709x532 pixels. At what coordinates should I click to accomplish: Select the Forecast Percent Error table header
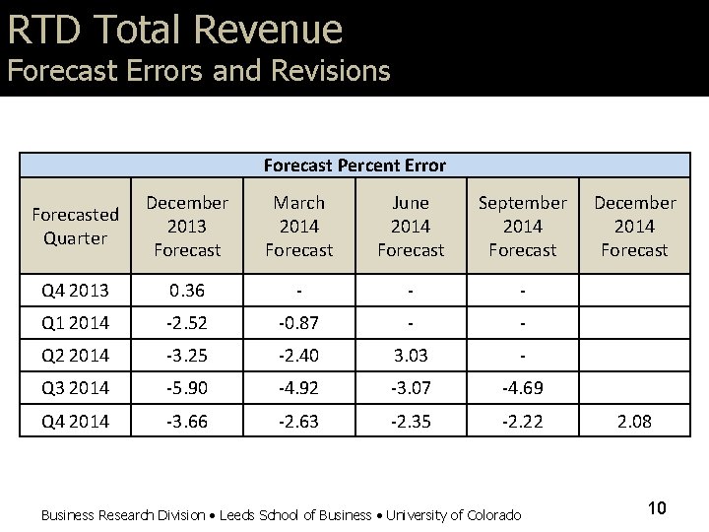354,166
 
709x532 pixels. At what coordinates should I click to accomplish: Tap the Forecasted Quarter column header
75,226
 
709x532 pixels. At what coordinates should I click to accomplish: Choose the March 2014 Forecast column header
298,226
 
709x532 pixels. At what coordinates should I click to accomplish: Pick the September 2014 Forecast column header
522,226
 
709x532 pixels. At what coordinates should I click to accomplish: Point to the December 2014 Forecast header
634,226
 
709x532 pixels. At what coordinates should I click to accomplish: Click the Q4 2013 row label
75,290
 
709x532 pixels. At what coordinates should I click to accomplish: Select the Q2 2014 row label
75,355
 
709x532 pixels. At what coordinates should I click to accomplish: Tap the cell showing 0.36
187,290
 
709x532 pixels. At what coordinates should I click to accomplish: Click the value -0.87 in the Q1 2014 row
298,322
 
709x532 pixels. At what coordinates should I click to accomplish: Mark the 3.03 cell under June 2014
411,355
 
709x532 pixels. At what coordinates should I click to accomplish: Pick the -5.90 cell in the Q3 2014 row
187,387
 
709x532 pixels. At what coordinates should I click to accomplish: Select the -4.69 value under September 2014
522,387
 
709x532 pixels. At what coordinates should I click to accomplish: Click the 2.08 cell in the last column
634,421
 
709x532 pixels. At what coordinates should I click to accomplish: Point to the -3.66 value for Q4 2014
187,421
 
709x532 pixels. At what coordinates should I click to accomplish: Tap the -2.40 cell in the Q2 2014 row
298,355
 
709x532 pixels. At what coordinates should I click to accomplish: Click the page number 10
657,508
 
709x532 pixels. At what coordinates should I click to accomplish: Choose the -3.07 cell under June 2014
411,387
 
